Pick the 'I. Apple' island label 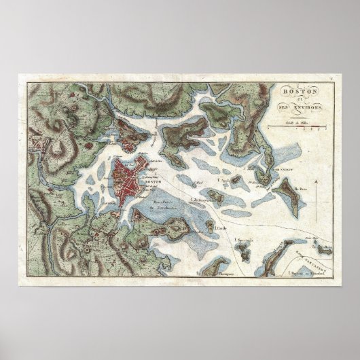coord(221,181)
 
